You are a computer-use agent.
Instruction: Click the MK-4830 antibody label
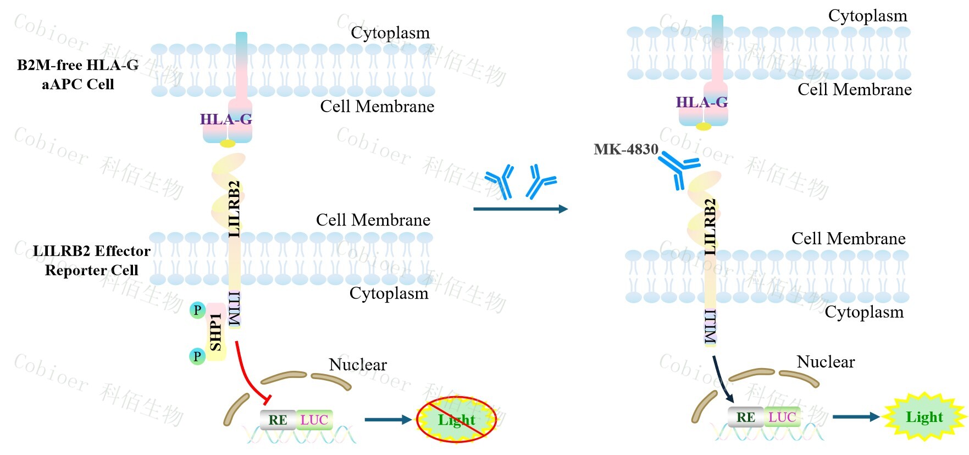pos(625,149)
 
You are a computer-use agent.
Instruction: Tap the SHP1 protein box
pos(216,332)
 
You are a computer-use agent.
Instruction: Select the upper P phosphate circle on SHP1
pos(197,310)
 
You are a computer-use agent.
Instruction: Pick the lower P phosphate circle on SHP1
pos(197,357)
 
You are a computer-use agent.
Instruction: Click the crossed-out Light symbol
pos(456,420)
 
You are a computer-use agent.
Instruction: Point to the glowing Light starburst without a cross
pos(924,417)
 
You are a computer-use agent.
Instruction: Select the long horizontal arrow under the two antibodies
pos(520,209)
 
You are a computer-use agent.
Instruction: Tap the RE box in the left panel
pos(278,420)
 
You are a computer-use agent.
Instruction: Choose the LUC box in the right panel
pos(782,417)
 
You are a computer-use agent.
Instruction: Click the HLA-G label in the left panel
pos(226,119)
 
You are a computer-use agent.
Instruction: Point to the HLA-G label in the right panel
pos(701,102)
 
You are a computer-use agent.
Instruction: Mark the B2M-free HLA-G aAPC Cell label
pos(77,74)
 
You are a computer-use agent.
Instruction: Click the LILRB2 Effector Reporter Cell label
pos(91,260)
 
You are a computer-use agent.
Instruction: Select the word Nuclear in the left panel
pos(358,365)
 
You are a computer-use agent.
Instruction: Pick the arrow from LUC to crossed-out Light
pos(388,420)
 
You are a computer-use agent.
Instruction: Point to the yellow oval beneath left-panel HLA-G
pos(228,144)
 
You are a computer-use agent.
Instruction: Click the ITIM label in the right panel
pos(711,327)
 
